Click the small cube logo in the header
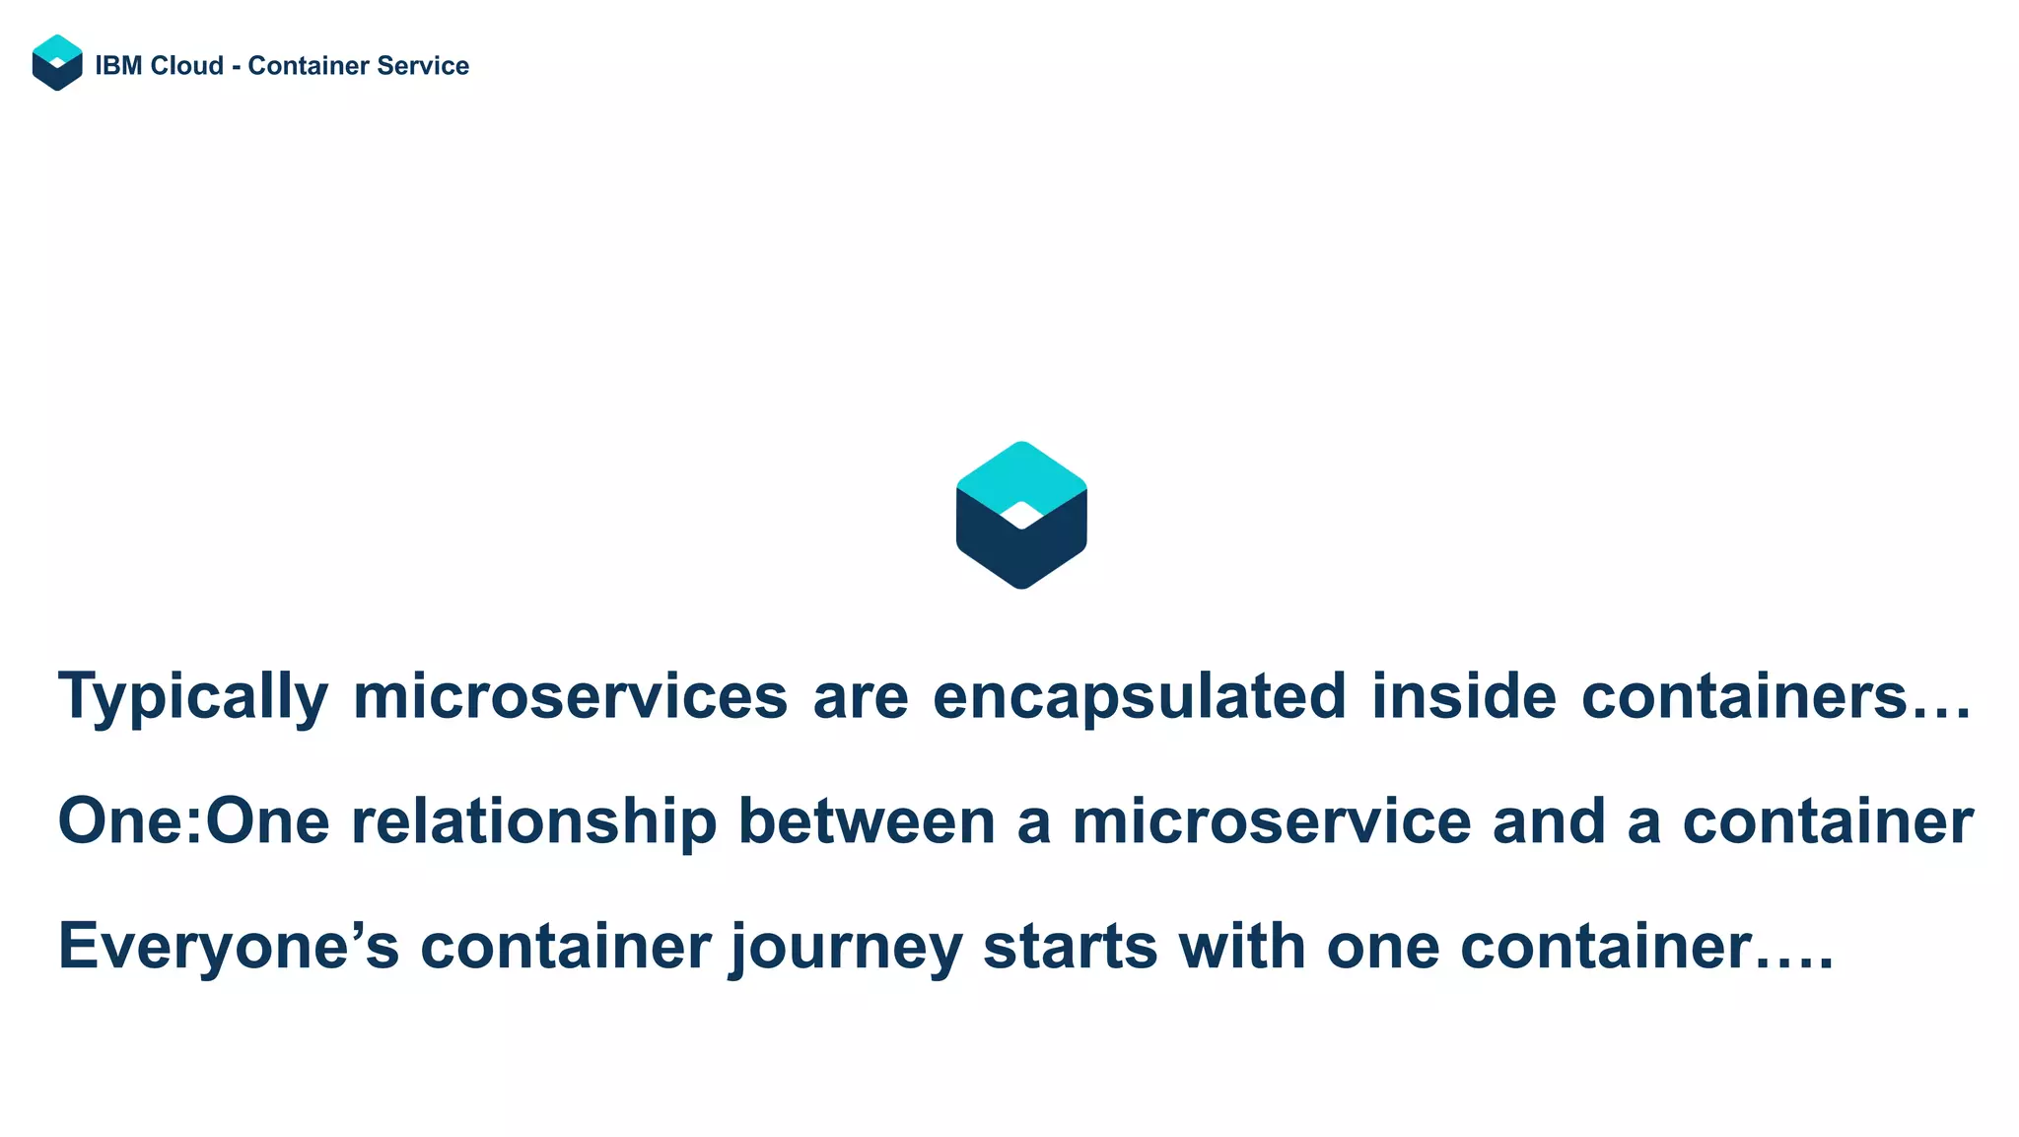[x=57, y=63]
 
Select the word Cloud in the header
[x=186, y=66]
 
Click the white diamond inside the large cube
[x=1021, y=515]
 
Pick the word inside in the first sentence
[x=1464, y=696]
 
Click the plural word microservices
[x=570, y=696]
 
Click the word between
[x=867, y=821]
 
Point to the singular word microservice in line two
[x=1271, y=821]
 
